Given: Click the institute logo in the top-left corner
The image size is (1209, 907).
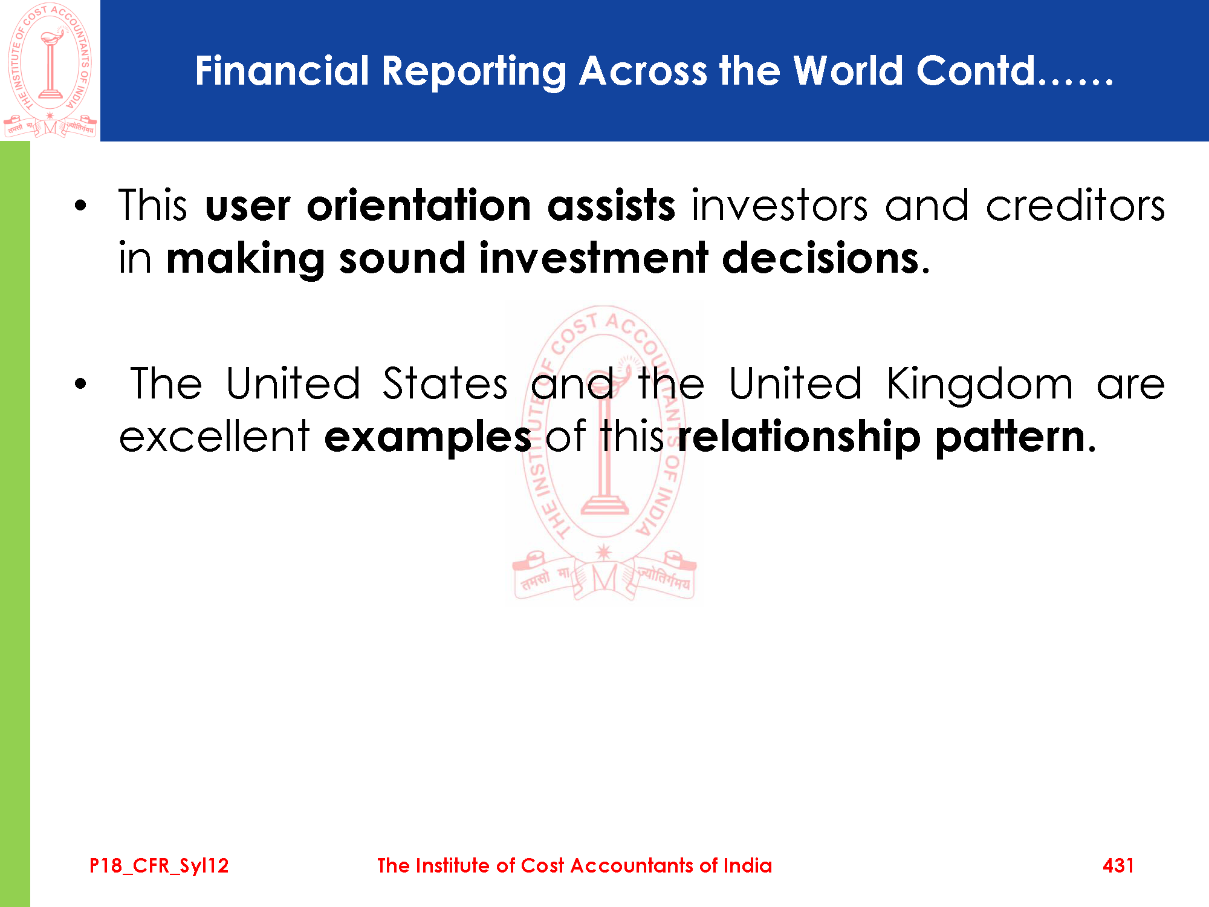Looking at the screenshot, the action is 50,70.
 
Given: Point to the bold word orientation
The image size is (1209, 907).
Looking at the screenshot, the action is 419,206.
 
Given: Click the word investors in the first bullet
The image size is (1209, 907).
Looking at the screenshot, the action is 780,206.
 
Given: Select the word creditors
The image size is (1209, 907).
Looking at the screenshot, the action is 1075,206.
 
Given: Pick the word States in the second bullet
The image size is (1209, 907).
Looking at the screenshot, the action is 445,383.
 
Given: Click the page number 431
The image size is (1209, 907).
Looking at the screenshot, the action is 1118,865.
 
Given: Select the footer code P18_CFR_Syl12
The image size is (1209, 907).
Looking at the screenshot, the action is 159,866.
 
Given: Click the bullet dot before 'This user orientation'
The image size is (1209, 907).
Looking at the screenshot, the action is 80,206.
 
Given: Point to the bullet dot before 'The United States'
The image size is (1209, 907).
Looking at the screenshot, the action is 80,385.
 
